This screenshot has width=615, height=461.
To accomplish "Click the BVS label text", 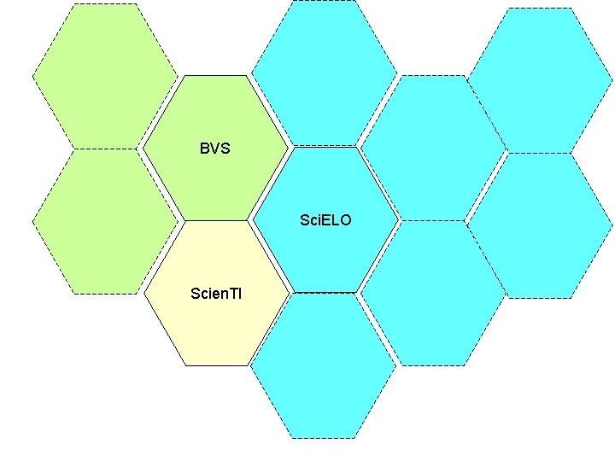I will [215, 149].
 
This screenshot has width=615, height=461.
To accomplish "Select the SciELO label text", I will [325, 220].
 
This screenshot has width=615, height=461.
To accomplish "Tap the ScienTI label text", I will [216, 293].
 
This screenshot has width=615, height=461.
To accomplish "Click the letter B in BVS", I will [204, 149].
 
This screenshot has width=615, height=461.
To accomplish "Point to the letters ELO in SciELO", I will [335, 220].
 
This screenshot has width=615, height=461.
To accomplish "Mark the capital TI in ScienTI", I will [235, 293].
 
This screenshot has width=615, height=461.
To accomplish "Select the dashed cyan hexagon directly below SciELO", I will [323, 365].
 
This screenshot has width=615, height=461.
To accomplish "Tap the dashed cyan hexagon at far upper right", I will [541, 80].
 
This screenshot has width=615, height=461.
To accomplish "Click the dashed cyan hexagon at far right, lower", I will [541, 225].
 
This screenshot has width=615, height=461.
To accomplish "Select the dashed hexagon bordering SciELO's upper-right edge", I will [433, 147].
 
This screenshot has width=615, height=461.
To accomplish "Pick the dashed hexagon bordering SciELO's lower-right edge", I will [432, 293].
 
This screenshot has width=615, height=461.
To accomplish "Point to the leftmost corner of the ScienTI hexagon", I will [143, 293].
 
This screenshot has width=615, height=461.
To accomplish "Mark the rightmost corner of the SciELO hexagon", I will [399, 219].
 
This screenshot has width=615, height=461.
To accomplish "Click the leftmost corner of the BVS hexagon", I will [143, 148].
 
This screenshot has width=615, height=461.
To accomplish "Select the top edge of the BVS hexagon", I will [215, 76].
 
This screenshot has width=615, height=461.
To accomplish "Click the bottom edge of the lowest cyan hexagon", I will [323, 438].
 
